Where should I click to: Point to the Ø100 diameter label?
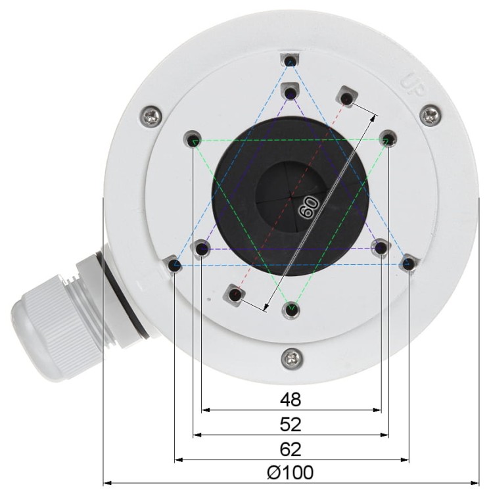[x=291, y=473]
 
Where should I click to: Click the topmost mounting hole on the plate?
[x=291, y=61]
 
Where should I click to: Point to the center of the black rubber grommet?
[x=291, y=197]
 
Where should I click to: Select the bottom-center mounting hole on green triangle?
[x=291, y=308]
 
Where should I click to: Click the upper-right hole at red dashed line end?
[x=346, y=99]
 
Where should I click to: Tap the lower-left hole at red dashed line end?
[x=234, y=294]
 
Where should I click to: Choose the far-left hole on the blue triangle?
[x=174, y=265]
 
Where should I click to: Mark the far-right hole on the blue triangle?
[x=408, y=264]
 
